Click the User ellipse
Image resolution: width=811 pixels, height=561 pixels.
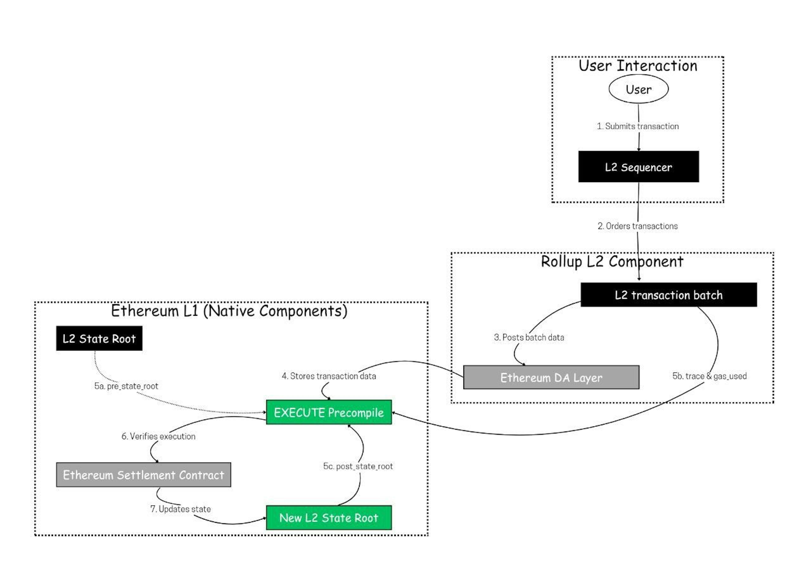coord(638,89)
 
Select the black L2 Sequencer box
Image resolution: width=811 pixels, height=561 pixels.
coord(638,167)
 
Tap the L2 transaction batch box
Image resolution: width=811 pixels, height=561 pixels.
coord(668,295)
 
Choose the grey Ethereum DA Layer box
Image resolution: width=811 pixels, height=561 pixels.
coord(551,377)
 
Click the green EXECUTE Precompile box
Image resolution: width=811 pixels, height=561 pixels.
coord(328,412)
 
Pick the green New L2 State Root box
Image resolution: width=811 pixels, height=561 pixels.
coord(328,517)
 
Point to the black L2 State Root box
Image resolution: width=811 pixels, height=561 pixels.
coord(99,338)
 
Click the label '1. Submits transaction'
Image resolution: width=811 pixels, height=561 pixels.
coord(638,126)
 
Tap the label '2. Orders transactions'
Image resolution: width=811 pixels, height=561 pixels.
coord(637,226)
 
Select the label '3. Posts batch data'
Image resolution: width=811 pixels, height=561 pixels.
coord(529,337)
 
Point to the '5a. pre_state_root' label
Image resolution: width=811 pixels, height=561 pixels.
coord(126,386)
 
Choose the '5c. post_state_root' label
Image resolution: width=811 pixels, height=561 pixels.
coord(358,466)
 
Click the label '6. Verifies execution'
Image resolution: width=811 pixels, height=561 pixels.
coord(158,436)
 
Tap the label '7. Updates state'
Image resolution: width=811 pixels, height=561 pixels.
coord(180,509)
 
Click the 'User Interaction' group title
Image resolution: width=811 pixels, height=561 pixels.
coord(638,66)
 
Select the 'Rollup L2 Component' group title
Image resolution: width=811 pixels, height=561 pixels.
coord(612,262)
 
